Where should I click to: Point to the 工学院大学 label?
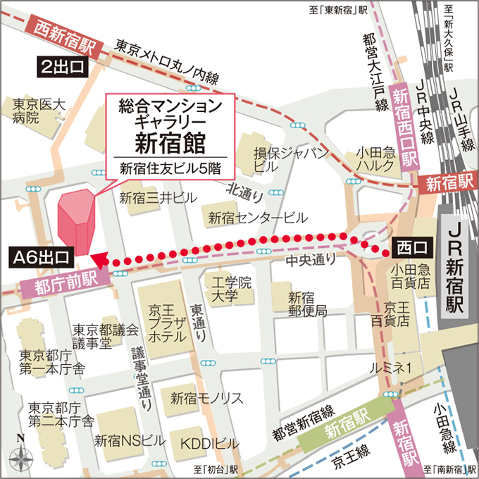[x=227, y=290]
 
